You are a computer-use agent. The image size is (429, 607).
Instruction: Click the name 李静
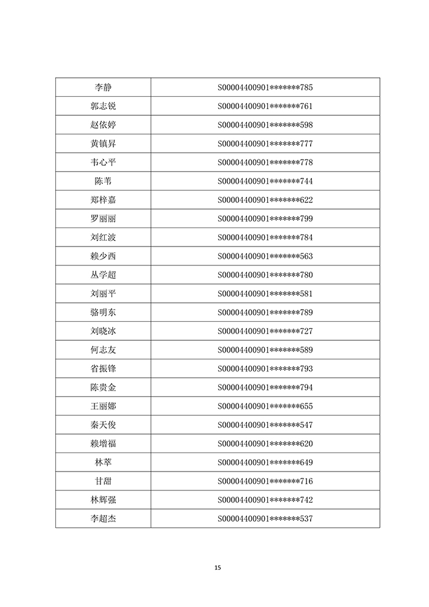coord(103,87)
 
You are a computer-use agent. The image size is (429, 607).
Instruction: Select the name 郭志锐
coord(103,106)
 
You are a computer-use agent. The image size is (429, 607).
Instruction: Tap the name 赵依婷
coord(103,125)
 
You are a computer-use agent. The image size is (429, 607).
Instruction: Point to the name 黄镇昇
coord(103,143)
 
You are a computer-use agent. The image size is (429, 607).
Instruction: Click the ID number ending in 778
coord(265,162)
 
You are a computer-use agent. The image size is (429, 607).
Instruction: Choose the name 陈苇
coord(103,181)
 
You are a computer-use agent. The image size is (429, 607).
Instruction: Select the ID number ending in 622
coord(265,200)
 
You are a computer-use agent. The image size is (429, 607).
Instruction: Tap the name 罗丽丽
coord(103,219)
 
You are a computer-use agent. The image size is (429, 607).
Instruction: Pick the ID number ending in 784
coord(265,237)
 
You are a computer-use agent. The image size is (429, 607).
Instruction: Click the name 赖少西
coord(103,256)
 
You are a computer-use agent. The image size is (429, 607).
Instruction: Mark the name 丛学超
coord(103,275)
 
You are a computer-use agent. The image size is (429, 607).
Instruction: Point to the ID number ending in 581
coord(265,294)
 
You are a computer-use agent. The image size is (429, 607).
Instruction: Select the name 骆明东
coord(103,313)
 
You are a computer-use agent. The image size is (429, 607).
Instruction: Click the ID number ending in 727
coord(265,331)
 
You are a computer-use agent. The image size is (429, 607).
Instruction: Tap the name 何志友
coord(103,350)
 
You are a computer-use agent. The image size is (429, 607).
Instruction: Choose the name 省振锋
coord(103,368)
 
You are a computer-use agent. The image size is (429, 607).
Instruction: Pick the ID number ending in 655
coord(265,406)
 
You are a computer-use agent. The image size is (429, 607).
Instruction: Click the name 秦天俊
coord(103,425)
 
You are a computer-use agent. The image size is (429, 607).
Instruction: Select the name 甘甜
coord(103,481)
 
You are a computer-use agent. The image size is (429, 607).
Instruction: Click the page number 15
coord(218,567)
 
